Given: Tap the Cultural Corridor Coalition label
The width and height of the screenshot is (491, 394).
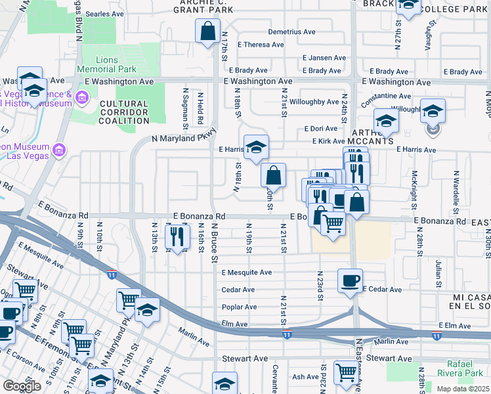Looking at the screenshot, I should pyautogui.click(x=124, y=112).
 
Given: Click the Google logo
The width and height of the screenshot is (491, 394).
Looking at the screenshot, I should pyautogui.click(x=22, y=386).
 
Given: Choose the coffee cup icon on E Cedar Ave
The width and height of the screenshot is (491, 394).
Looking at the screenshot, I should pyautogui.click(x=350, y=280).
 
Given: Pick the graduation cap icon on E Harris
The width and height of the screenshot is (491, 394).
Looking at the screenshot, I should pyautogui.click(x=256, y=147).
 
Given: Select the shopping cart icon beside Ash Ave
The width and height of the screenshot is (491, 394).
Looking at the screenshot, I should pyautogui.click(x=345, y=372).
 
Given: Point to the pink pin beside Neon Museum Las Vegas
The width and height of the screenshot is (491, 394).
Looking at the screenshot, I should pyautogui.click(x=59, y=150).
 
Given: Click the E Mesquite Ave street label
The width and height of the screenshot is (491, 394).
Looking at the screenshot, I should pyautogui.click(x=246, y=273).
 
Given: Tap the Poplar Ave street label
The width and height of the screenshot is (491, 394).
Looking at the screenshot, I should pyautogui.click(x=238, y=307).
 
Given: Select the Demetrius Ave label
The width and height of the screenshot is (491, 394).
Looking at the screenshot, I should pyautogui.click(x=291, y=32).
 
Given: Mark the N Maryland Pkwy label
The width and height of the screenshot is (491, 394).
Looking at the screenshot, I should pyautogui.click(x=184, y=139).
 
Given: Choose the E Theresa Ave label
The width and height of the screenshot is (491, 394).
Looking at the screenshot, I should pyautogui.click(x=261, y=45).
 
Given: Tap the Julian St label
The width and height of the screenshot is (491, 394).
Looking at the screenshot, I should pyautogui.click(x=437, y=268).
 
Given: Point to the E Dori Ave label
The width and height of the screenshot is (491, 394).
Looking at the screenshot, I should pyautogui.click(x=320, y=129).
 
